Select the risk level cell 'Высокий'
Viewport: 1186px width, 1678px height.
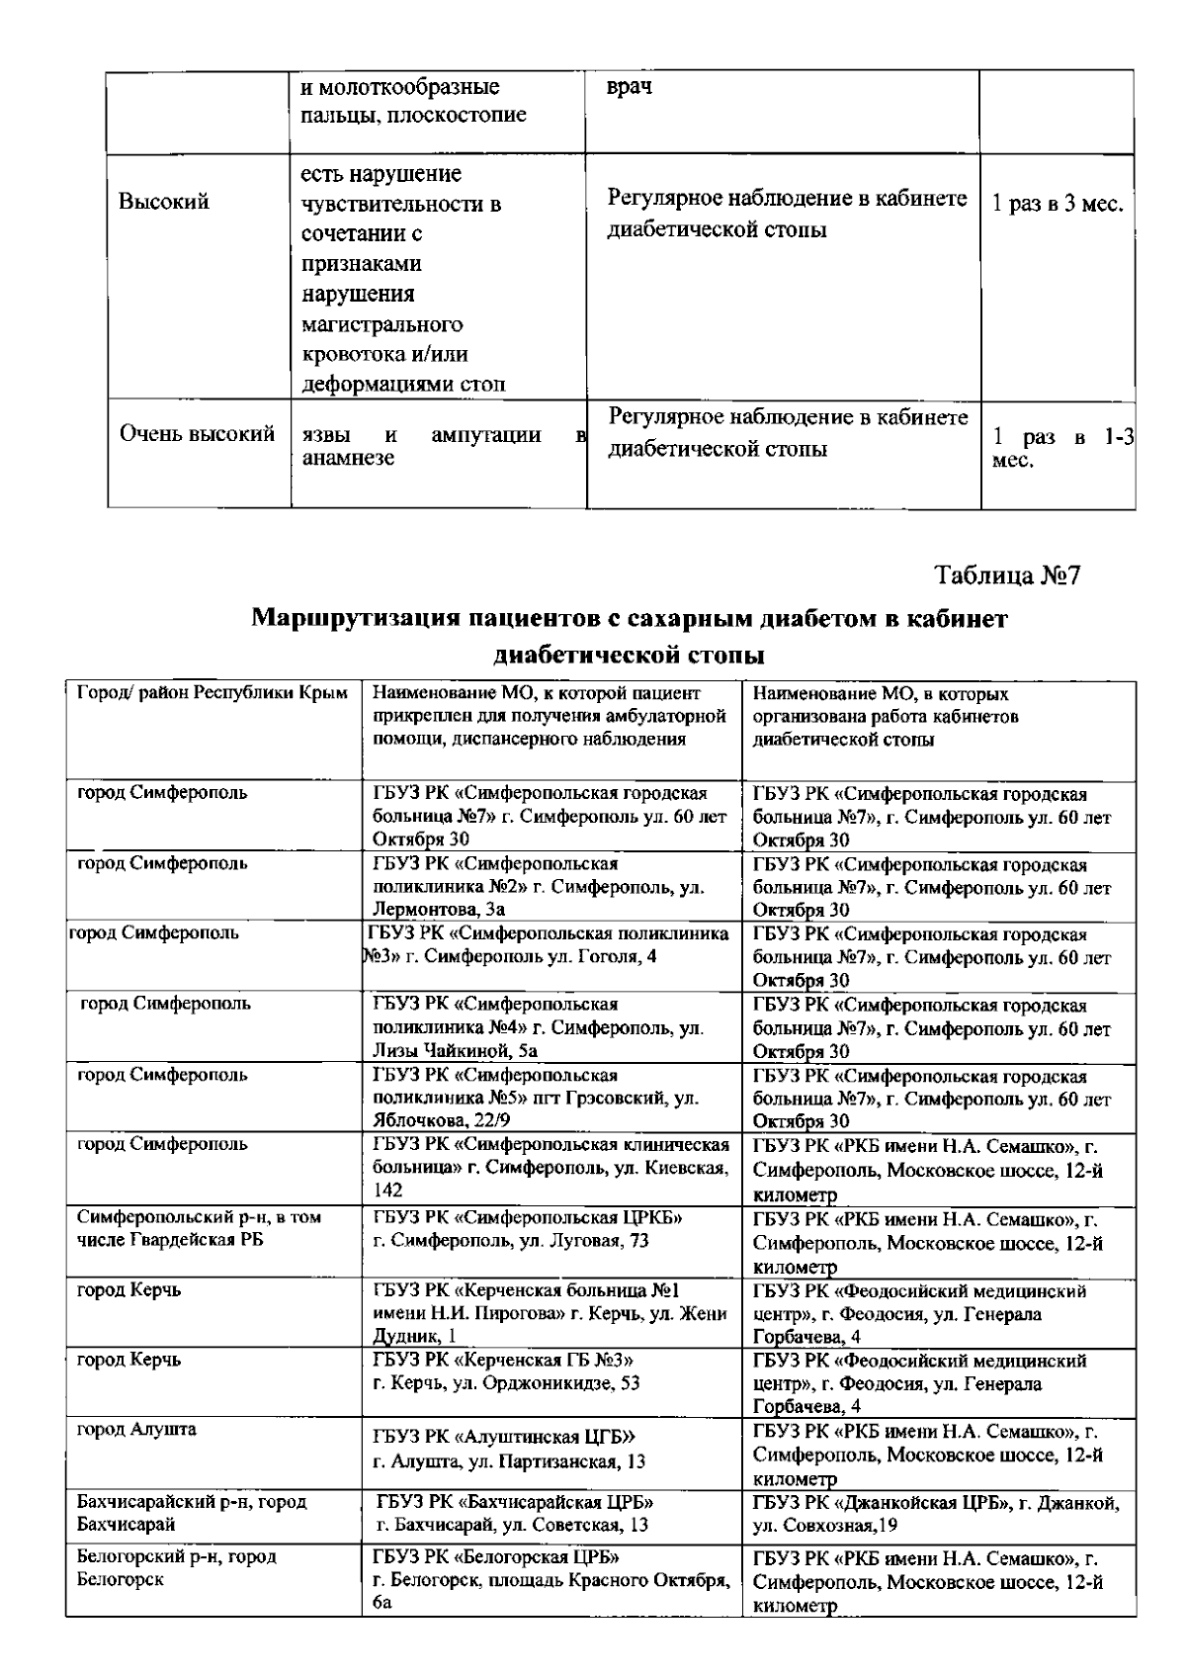[164, 202]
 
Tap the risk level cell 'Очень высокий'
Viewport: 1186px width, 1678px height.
[197, 433]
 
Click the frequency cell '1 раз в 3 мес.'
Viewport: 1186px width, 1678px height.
[1058, 205]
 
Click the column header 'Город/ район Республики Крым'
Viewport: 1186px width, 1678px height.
[212, 693]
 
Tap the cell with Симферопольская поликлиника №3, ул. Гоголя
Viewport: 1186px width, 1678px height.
[550, 945]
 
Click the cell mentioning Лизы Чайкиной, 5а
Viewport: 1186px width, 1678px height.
[539, 1027]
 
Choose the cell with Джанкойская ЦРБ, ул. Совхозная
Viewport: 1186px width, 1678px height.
[936, 1513]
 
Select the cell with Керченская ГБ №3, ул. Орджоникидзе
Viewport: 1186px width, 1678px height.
[506, 1371]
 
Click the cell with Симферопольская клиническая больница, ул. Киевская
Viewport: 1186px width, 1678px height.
[551, 1168]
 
